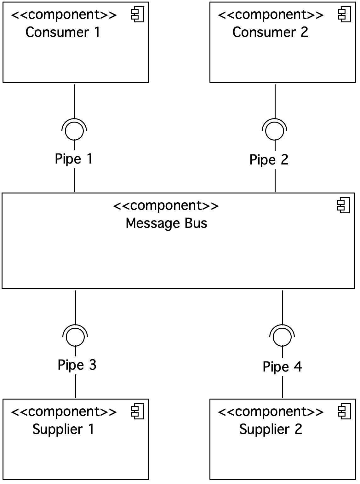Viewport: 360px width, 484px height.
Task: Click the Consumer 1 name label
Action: [63, 32]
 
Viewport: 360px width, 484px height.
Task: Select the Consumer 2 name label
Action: [270, 32]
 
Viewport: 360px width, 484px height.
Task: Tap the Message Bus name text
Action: [167, 223]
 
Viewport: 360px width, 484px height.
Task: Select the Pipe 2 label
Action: [269, 160]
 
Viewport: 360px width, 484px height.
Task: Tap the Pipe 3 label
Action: [77, 365]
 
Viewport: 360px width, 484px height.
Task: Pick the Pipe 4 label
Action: [282, 366]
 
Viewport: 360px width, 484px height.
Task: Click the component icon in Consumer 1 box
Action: [138, 14]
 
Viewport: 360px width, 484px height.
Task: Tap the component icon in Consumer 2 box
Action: [345, 14]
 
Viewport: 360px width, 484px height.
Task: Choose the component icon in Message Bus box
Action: [344, 205]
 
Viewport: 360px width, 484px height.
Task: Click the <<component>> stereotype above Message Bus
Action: [166, 206]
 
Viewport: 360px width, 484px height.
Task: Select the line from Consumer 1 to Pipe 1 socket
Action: [75, 101]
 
